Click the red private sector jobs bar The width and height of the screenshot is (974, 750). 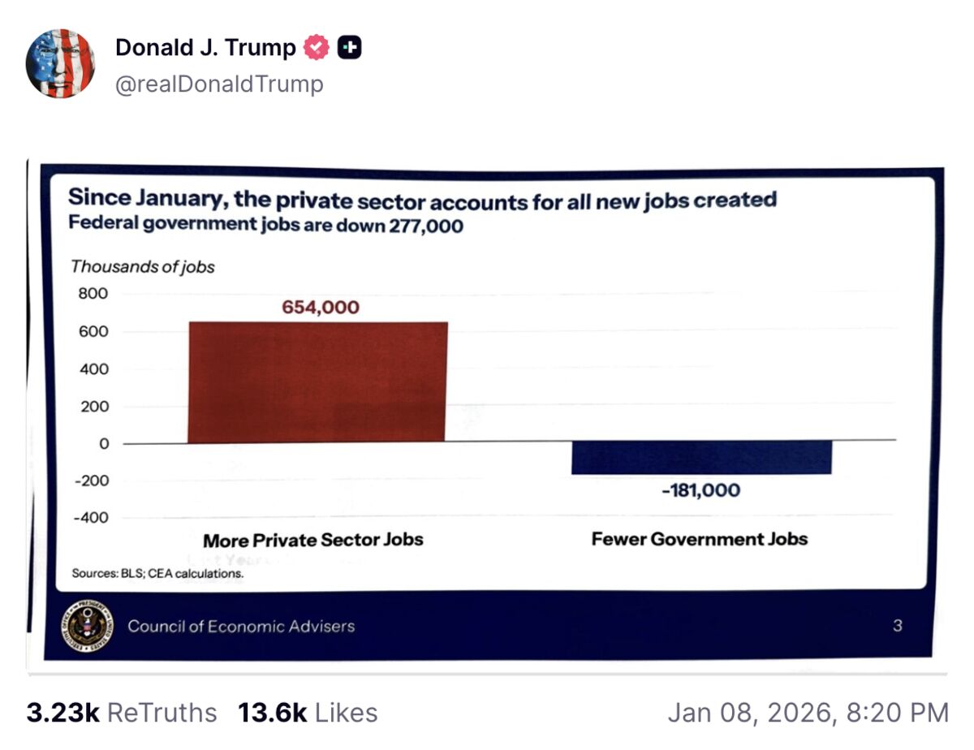click(317, 381)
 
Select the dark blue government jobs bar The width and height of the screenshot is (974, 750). click(701, 458)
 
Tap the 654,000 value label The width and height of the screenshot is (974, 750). click(320, 308)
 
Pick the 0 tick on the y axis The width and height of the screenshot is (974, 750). click(103, 444)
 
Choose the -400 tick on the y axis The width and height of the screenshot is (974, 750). click(91, 518)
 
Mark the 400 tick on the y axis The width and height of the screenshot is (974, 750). click(93, 369)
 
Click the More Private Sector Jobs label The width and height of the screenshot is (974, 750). click(312, 540)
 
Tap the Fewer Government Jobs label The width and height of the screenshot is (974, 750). click(699, 539)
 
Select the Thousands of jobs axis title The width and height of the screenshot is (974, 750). click(142, 267)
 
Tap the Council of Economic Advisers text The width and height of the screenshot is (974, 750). click(241, 626)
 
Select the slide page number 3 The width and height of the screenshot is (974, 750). click(897, 626)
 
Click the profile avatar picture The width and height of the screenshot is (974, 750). click(61, 64)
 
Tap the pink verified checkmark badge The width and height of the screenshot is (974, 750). click(316, 48)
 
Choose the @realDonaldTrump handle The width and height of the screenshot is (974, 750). click(219, 84)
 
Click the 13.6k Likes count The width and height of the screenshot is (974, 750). click(308, 713)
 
